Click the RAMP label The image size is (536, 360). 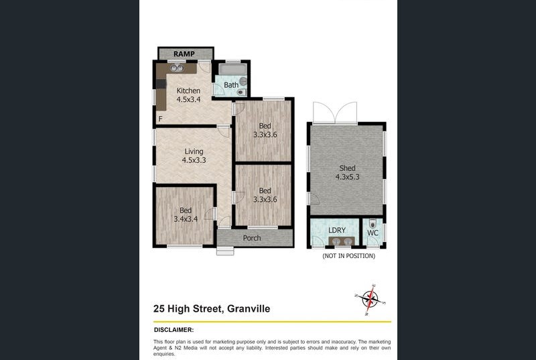(184, 54)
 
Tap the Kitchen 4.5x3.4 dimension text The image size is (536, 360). (188, 99)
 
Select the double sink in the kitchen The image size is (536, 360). (177, 68)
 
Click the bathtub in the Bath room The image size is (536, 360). (232, 69)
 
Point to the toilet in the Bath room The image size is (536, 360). (241, 92)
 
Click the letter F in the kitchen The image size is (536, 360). (160, 119)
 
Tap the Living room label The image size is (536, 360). (194, 152)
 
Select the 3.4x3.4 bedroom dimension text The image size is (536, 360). (186, 219)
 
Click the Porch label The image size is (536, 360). (252, 238)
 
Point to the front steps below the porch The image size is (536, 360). (225, 251)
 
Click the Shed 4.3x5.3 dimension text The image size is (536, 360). (347, 177)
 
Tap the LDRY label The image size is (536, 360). (337, 231)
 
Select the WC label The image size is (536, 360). (373, 233)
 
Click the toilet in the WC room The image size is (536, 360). (373, 224)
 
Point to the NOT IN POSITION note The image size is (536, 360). (348, 255)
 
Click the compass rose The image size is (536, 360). (370, 299)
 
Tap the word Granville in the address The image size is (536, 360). (249, 309)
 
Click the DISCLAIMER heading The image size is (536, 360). (174, 330)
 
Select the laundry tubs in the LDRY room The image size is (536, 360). (341, 241)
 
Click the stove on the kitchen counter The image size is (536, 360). (161, 84)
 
